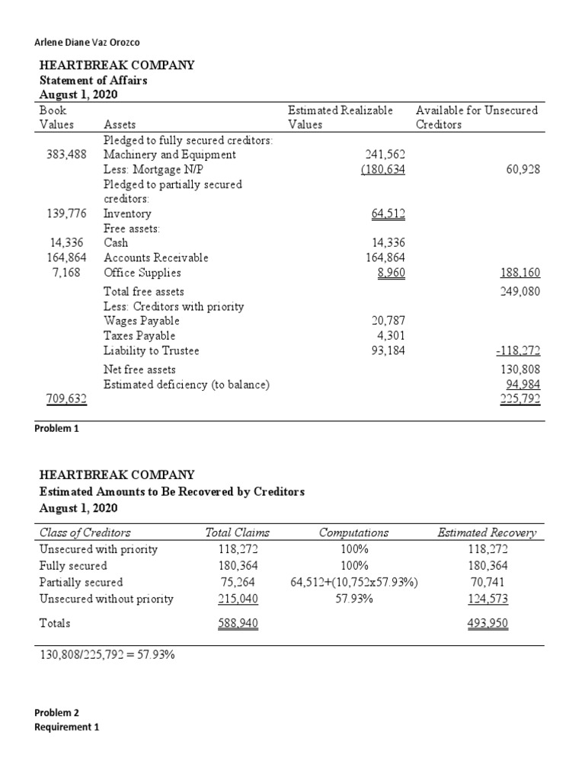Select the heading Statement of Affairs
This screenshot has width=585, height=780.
pos(92,80)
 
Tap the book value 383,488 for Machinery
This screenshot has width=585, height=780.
pos(66,155)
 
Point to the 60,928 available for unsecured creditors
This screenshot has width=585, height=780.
pos(522,169)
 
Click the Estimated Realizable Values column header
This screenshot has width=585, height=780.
pos(340,117)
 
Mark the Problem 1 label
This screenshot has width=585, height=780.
pos(56,428)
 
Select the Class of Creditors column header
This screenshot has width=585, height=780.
pos(85,532)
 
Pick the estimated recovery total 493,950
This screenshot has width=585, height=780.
pos(488,623)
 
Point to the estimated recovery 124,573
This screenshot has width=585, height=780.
pos(488,599)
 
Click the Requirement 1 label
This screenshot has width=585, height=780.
pos(67,727)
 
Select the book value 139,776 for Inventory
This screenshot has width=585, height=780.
pos(66,214)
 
